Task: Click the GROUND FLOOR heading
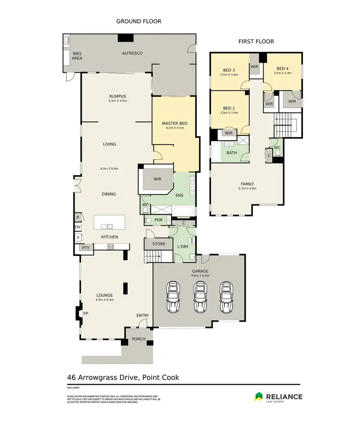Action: [x=139, y=21]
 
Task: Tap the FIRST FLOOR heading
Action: [x=256, y=42]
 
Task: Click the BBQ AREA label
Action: [x=77, y=56]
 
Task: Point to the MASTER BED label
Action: [x=174, y=123]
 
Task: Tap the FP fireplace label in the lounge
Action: [x=86, y=313]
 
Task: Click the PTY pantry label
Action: [x=86, y=248]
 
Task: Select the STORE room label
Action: [x=159, y=244]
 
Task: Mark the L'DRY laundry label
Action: [x=183, y=247]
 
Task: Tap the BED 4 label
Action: [x=282, y=69]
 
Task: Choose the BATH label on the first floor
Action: [x=232, y=153]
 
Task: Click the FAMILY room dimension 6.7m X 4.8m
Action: [x=247, y=189]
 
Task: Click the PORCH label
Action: [x=139, y=338]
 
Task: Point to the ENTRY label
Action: [x=143, y=315]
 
